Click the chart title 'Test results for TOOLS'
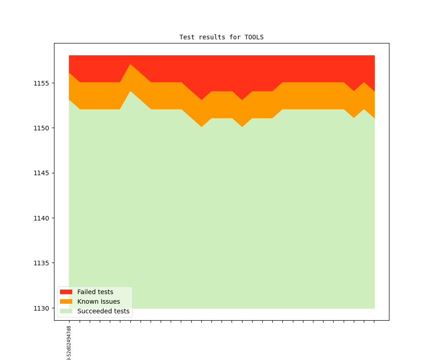pos(221,37)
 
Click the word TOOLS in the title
pos(254,37)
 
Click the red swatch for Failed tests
pos(66,292)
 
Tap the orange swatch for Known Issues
pos(66,301)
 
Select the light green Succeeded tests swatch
pos(66,311)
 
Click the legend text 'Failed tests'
pos(95,292)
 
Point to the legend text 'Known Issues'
pos(98,301)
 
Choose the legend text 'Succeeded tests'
pos(103,311)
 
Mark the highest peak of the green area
pos(130,91)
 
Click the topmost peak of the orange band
pos(130,64)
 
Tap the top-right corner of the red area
pos(374,56)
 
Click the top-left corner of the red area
pos(69,56)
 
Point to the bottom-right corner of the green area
pos(374,308)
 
